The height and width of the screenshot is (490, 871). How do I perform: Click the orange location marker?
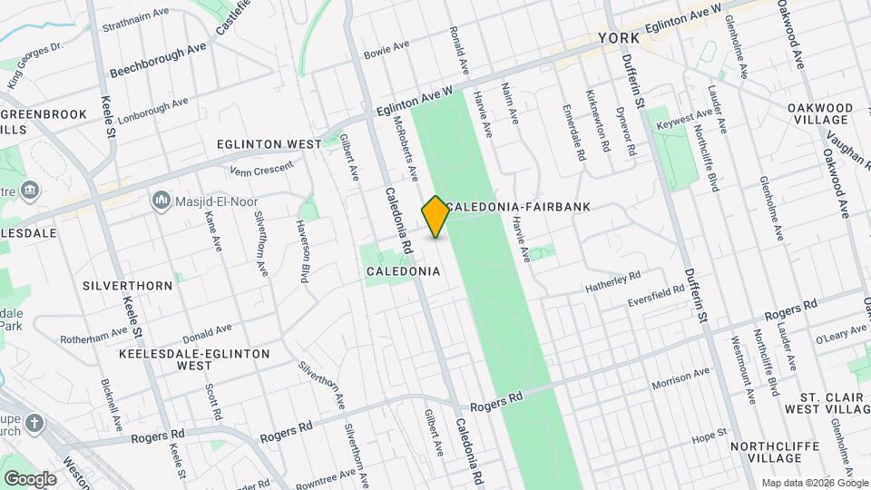(x=435, y=217)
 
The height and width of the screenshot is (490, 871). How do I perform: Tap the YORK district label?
(x=620, y=38)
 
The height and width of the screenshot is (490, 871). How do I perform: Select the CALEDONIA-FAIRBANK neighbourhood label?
(x=518, y=207)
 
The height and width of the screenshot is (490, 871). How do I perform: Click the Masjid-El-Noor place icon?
(x=161, y=198)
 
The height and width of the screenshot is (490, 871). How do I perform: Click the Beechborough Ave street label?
(x=158, y=60)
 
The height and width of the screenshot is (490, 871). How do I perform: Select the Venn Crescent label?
(x=262, y=168)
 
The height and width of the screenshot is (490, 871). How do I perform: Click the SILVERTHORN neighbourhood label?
(x=127, y=285)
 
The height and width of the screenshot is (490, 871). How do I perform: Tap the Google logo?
(x=30, y=478)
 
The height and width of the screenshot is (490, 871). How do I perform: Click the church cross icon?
(x=34, y=424)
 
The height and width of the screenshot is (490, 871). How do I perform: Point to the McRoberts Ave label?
(x=405, y=146)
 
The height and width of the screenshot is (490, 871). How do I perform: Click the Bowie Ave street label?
(x=387, y=49)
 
